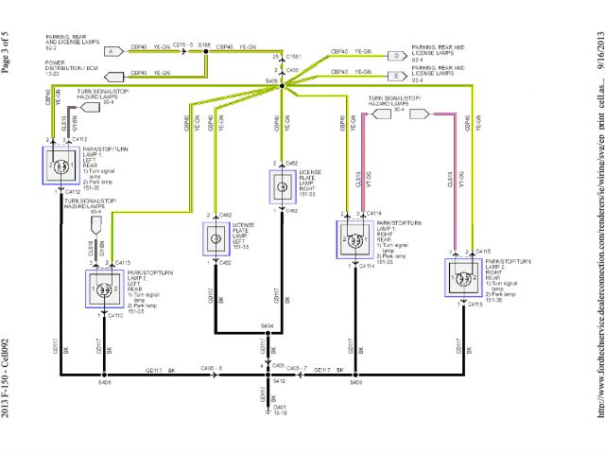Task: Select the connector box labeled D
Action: (395, 55)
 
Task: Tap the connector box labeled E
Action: (395, 75)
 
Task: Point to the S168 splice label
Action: (205, 44)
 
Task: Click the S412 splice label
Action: (278, 381)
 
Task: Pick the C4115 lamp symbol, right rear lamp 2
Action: (463, 280)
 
